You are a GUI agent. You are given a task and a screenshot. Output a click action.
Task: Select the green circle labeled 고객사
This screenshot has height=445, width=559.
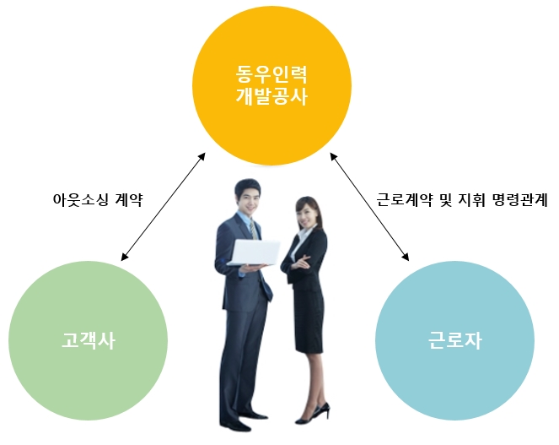pyautogui.click(x=89, y=340)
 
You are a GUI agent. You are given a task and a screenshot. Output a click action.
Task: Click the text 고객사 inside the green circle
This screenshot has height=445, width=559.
pyautogui.click(x=89, y=341)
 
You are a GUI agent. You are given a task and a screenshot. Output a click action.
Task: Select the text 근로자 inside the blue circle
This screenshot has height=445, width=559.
pyautogui.click(x=454, y=341)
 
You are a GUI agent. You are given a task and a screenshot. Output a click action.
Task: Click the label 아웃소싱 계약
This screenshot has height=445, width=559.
pyautogui.click(x=98, y=201)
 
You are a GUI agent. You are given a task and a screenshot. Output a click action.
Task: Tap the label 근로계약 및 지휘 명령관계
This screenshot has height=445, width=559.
pyautogui.click(x=462, y=201)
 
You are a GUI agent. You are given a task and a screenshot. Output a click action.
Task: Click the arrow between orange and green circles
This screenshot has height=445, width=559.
pyautogui.click(x=164, y=206)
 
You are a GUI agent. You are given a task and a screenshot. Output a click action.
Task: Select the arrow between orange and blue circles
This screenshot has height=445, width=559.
pyautogui.click(x=369, y=206)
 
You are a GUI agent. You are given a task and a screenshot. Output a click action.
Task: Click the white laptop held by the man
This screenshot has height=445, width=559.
pyautogui.click(x=254, y=252)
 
